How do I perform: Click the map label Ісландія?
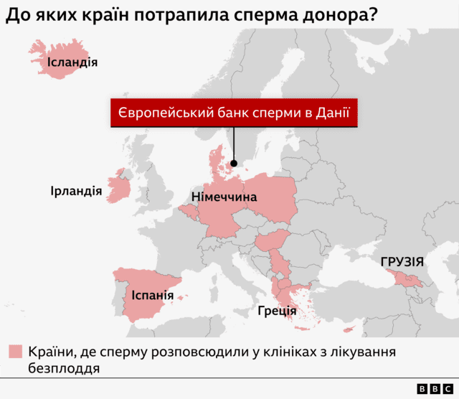[72, 62]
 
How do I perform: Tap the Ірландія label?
[75, 192]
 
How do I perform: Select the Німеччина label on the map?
[224, 196]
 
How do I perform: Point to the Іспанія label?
[152, 295]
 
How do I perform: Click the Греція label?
[277, 311]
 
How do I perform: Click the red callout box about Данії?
[234, 113]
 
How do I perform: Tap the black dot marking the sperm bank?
[234, 163]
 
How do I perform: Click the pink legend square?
[15, 352]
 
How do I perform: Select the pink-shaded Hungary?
[273, 241]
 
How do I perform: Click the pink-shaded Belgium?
[190, 211]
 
